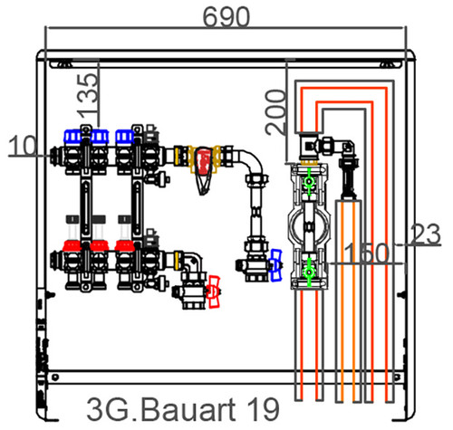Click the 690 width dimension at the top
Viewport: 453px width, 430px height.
pos(226,17)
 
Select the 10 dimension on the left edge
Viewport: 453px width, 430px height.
pos(23,146)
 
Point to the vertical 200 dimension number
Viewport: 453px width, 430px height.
pos(275,112)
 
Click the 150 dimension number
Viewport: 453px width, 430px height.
pos(366,253)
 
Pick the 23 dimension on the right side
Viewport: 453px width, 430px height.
pos(426,234)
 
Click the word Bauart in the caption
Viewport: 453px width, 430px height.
pos(188,409)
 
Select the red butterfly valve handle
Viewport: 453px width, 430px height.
pos(214,291)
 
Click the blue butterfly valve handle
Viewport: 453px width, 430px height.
pos(276,265)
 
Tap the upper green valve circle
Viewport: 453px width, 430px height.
pos(309,182)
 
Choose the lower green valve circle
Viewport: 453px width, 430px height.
pos(309,272)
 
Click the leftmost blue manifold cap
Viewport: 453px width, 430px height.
pos(72,136)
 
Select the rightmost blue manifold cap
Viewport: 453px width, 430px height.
pos(125,137)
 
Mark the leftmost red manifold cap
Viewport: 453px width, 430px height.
pos(72,246)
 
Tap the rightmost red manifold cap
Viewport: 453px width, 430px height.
pos(124,246)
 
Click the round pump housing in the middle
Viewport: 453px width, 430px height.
pos(309,227)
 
